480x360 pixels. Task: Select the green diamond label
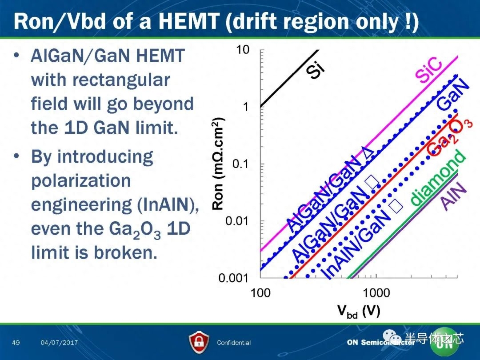438,177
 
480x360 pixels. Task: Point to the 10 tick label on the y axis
243,50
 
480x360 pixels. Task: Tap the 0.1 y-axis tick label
240,164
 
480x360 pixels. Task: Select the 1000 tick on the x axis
376,293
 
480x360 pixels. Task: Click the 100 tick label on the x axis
260,293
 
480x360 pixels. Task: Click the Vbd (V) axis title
359,311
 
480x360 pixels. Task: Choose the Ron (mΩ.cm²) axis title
218,164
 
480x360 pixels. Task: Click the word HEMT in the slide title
189,21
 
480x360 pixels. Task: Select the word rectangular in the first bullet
121,80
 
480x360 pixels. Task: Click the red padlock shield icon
199,342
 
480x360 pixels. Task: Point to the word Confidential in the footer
234,343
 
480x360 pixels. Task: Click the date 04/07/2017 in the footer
59,343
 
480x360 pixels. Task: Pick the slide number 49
16,342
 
